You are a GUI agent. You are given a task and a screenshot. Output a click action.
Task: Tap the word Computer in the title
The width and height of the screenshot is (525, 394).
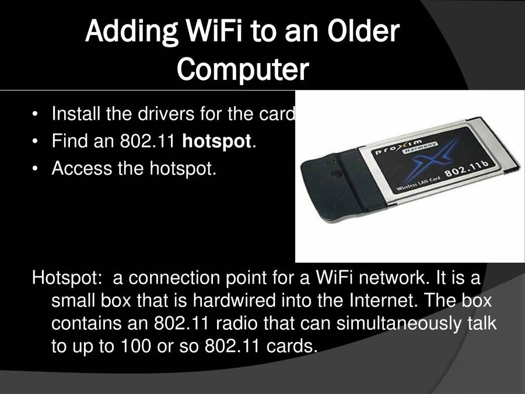(242, 69)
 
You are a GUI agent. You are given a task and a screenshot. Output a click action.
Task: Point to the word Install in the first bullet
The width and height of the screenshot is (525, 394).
(75, 113)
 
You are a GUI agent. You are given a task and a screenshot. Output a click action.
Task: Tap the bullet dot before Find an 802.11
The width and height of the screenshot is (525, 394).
(37, 141)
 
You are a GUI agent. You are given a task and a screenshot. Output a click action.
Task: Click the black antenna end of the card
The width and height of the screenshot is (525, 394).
(327, 177)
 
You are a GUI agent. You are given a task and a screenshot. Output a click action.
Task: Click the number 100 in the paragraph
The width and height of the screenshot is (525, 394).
(132, 345)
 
